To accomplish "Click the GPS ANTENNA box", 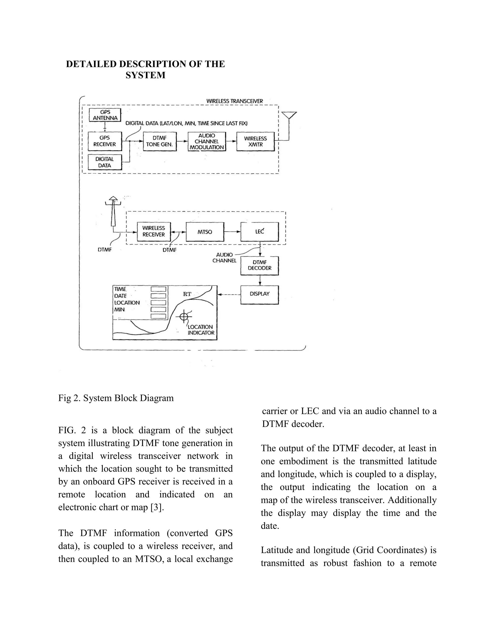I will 105,115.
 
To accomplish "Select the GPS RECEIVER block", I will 105,141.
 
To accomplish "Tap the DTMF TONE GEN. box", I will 160,141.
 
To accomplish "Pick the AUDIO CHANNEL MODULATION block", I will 207,142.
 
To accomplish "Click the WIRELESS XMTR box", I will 255,142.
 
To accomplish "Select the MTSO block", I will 205,232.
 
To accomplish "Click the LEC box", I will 260,232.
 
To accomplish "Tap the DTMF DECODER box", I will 260,265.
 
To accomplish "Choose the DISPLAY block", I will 260,294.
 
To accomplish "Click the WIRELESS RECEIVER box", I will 154,232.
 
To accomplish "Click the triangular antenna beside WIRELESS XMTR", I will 289,115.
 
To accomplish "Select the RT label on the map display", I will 187,294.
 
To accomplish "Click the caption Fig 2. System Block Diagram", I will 116,398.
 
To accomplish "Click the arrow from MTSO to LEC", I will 232,232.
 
